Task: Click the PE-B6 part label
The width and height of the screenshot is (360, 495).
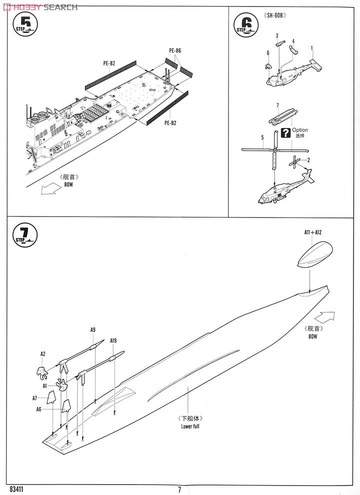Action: (175, 50)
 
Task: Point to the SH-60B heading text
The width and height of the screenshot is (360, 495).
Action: (280, 14)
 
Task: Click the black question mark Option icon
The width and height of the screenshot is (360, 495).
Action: (286, 132)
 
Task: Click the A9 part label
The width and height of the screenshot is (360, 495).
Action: (93, 329)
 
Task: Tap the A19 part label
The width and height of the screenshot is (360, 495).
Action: (113, 340)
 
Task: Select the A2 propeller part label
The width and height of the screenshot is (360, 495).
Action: (43, 353)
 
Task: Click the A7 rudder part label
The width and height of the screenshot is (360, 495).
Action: (35, 398)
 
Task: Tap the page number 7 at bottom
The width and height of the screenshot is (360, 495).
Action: (179, 489)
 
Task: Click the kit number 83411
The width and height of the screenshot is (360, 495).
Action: (17, 489)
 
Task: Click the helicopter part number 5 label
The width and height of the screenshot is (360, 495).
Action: (262, 137)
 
